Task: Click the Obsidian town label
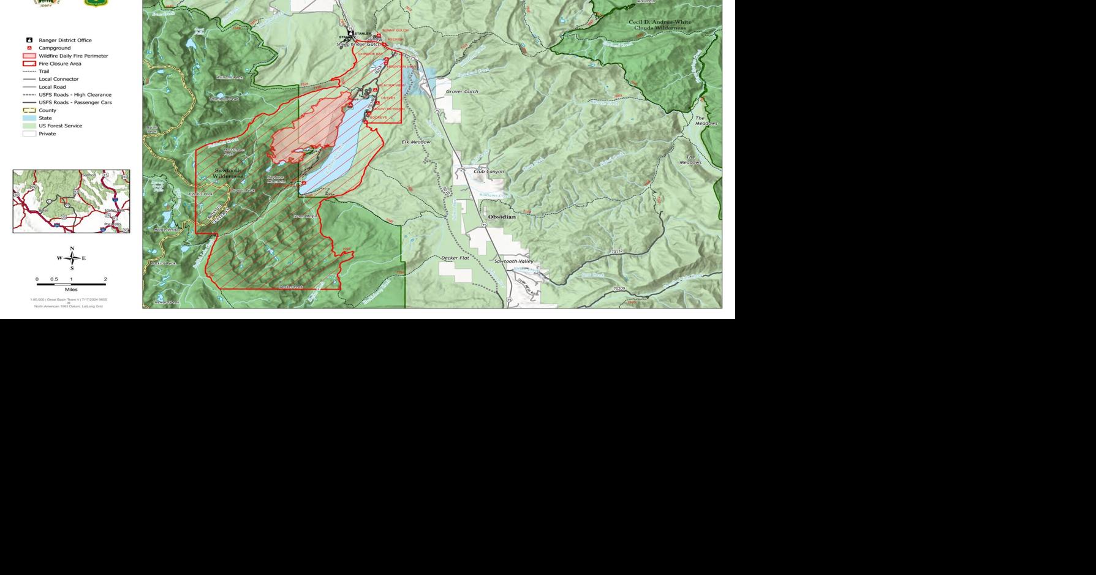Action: pyautogui.click(x=502, y=217)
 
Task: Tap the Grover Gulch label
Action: pyautogui.click(x=462, y=92)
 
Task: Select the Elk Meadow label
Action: pyautogui.click(x=416, y=142)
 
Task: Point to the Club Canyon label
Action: pyautogui.click(x=489, y=171)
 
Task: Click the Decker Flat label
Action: pyautogui.click(x=455, y=258)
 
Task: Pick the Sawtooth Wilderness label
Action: pyautogui.click(x=228, y=173)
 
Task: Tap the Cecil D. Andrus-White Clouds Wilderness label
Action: pyautogui.click(x=660, y=25)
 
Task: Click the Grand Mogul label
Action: pyautogui.click(x=304, y=216)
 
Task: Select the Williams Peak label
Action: pyautogui.click(x=230, y=78)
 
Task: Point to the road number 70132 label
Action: pyautogui.click(x=617, y=252)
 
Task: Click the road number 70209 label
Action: pyautogui.click(x=619, y=288)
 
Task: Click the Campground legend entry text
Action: pyautogui.click(x=55, y=48)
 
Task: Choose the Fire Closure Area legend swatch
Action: pyautogui.click(x=29, y=64)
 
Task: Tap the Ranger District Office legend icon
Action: pyautogui.click(x=29, y=40)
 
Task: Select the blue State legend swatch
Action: pyautogui.click(x=29, y=118)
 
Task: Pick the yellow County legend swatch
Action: pyautogui.click(x=29, y=110)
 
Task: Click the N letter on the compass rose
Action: pyautogui.click(x=72, y=249)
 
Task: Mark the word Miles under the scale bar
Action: pyautogui.click(x=71, y=290)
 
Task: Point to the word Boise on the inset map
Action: pyautogui.click(x=43, y=210)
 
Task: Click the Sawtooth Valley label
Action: pyautogui.click(x=514, y=261)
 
